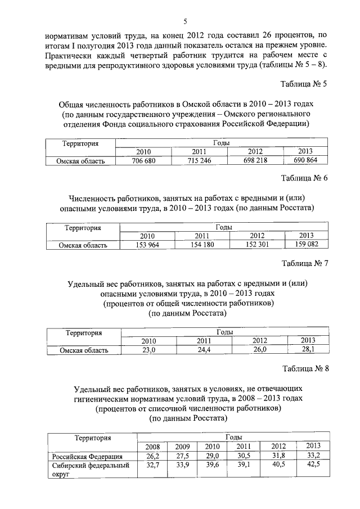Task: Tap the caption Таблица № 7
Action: [x=304, y=263]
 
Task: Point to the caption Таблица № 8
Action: [x=304, y=368]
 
